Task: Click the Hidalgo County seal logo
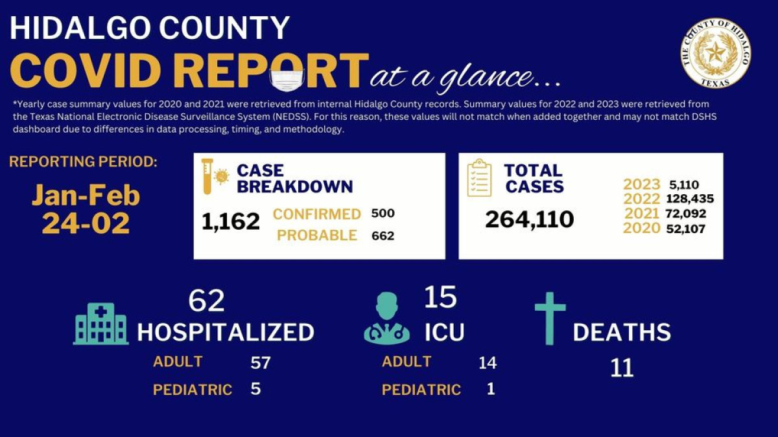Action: click(x=715, y=52)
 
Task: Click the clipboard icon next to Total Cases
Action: click(x=480, y=178)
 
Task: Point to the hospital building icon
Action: click(x=100, y=324)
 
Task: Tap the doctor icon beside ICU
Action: click(x=387, y=318)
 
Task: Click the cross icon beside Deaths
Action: click(x=550, y=318)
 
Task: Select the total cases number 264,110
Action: click(x=529, y=219)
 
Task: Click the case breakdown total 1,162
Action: click(x=230, y=221)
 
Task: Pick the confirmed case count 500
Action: click(x=383, y=214)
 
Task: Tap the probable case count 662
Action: click(x=383, y=236)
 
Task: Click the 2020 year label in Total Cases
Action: click(x=641, y=228)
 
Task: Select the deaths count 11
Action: click(x=621, y=368)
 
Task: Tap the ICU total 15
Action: click(x=440, y=297)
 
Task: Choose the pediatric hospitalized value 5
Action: click(x=255, y=389)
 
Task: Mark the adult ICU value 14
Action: click(x=487, y=363)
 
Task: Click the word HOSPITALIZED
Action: click(x=225, y=332)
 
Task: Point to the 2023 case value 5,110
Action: click(x=684, y=185)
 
